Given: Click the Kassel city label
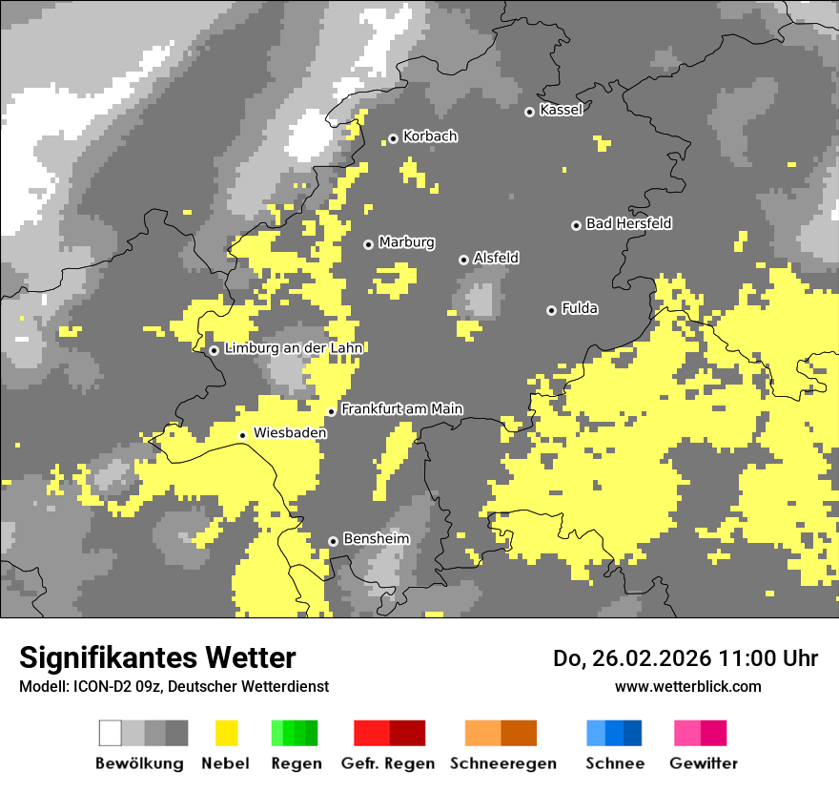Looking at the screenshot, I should tap(561, 110).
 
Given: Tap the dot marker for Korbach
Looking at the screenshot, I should tap(393, 138).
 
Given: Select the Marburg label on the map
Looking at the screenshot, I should tap(406, 242).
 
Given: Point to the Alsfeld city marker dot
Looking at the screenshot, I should tap(463, 260).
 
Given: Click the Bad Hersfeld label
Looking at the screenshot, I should tap(628, 223).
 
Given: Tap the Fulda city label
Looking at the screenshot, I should tap(580, 308).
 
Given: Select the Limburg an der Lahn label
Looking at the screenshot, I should tap(294, 348).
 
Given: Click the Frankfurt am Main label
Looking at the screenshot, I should tap(401, 408).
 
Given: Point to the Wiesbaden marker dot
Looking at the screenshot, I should tap(243, 435).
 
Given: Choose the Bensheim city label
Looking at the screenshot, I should tap(376, 539).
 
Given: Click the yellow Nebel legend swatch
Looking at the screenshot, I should tap(227, 733).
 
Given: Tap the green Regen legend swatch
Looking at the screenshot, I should tap(295, 733).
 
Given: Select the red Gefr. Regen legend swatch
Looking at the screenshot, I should tap(389, 733).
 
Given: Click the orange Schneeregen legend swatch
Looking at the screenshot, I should tap(501, 733).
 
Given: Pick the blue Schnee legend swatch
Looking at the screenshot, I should tap(614, 733).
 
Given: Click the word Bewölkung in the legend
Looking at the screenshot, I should tap(139, 763).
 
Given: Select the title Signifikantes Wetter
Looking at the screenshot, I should tap(157, 658).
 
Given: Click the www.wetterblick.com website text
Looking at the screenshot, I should tap(687, 686).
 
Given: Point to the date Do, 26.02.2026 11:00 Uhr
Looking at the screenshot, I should tap(685, 658).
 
